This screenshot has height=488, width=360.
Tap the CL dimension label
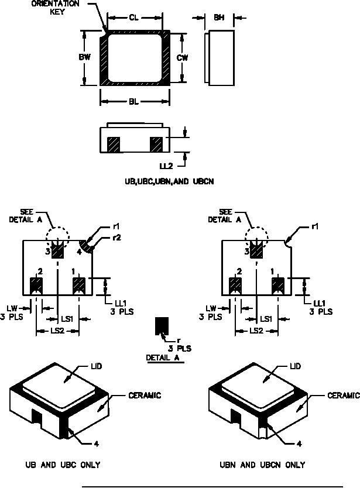(133, 18)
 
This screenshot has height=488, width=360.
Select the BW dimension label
(84, 57)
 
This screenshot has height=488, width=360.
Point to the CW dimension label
(182, 57)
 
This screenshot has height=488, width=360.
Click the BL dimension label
(133, 102)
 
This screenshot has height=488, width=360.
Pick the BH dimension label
(218, 18)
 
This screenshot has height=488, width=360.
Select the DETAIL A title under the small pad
(161, 358)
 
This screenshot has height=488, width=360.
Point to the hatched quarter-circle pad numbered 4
(87, 245)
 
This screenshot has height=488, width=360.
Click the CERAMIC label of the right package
(343, 396)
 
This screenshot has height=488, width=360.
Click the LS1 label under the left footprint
(67, 319)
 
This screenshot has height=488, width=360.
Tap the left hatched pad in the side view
(114, 144)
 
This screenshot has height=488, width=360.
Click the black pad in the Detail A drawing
(161, 325)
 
